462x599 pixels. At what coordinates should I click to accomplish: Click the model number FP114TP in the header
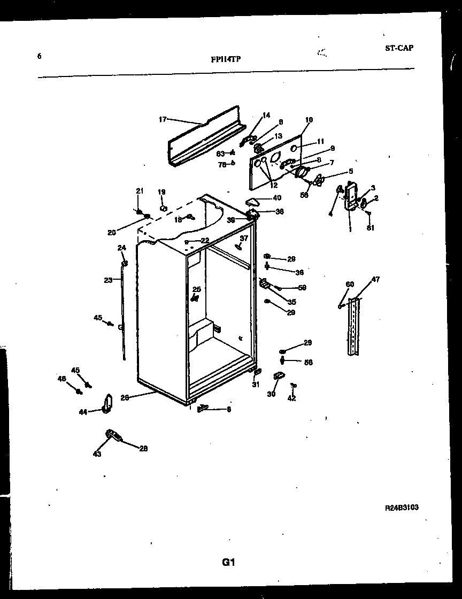[226, 59]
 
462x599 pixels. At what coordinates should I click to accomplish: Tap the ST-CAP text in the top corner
[399, 48]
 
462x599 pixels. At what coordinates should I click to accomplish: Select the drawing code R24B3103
[402, 508]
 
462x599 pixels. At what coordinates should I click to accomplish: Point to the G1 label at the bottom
[229, 562]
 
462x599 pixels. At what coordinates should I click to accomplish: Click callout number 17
[163, 119]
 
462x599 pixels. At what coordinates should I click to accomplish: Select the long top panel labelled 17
[206, 136]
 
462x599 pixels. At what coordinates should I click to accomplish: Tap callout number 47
[375, 280]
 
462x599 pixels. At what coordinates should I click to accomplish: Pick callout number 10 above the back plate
[309, 120]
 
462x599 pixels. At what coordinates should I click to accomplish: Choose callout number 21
[140, 191]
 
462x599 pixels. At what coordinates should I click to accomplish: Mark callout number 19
[161, 192]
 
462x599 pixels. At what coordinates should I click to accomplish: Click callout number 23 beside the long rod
[108, 280]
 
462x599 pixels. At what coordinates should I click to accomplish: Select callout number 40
[277, 198]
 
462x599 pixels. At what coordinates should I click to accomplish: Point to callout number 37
[244, 238]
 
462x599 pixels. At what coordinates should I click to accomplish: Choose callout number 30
[271, 394]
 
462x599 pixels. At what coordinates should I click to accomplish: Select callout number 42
[291, 398]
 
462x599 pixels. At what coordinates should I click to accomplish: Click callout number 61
[371, 228]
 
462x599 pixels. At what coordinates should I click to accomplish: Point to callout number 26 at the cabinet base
[125, 397]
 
